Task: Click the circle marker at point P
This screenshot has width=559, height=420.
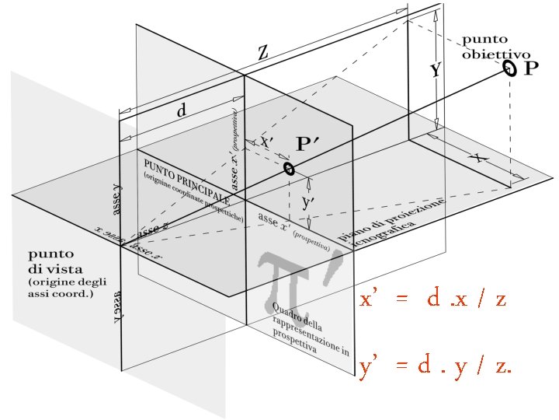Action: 509,70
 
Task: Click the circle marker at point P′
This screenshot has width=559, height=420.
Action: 289,168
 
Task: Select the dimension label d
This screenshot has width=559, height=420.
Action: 182,111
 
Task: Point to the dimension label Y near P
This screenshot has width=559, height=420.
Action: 436,71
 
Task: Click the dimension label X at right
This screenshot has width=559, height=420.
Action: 481,158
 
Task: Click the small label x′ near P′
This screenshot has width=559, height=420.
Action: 266,142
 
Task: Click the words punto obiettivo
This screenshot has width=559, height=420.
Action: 495,47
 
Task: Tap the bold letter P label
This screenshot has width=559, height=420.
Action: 530,69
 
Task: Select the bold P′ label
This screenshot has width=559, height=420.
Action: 309,145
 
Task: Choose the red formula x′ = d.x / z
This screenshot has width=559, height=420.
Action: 433,299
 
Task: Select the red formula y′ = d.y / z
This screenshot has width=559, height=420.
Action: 435,367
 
